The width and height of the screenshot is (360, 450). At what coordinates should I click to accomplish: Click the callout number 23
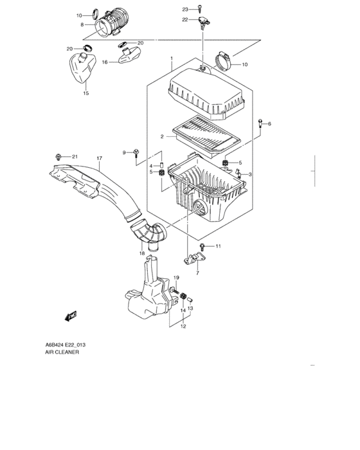[184, 10]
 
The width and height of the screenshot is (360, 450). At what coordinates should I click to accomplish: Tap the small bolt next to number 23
[201, 8]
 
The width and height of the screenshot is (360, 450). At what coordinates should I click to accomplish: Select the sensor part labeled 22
[204, 22]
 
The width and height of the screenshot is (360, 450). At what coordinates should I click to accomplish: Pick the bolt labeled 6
[260, 125]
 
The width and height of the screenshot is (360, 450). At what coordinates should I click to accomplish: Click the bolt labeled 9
[137, 154]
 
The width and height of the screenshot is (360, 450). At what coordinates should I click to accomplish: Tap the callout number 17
[99, 159]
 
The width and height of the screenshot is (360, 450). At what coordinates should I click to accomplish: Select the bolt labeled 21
[60, 157]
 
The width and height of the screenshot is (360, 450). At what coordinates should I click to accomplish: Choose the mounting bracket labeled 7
[192, 261]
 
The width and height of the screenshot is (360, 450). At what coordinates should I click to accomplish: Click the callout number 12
[183, 326]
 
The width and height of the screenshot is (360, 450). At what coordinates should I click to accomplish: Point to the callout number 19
[174, 277]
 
